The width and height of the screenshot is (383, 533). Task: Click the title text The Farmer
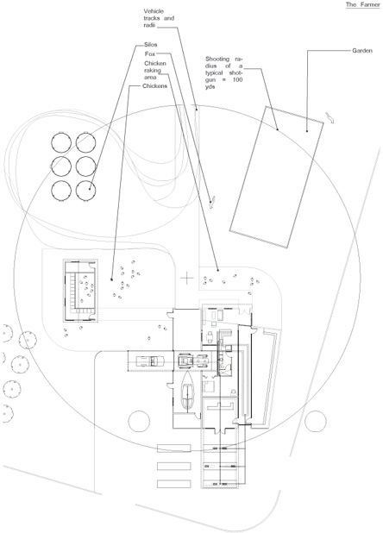(x=362, y=4)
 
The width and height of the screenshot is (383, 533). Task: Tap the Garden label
(x=362, y=51)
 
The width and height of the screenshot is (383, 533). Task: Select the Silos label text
(x=151, y=45)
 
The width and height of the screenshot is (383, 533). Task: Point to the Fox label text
(x=150, y=54)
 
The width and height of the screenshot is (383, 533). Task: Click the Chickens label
(x=155, y=86)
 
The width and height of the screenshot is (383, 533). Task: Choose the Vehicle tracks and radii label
(x=159, y=18)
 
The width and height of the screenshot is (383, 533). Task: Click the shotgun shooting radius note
(x=224, y=72)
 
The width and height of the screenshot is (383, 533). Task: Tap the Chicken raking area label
(x=155, y=71)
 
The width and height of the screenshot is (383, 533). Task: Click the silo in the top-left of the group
(x=61, y=142)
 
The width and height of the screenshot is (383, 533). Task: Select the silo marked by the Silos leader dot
(x=85, y=191)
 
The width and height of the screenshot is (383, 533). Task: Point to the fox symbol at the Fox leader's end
(x=212, y=203)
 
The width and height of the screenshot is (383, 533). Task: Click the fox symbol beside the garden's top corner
(x=330, y=117)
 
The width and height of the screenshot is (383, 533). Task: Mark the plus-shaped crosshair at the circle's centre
(x=186, y=279)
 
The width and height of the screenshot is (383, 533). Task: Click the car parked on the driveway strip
(x=148, y=361)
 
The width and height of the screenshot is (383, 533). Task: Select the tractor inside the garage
(x=192, y=361)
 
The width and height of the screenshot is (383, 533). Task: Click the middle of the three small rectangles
(x=173, y=466)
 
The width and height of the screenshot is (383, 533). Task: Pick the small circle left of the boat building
(x=139, y=421)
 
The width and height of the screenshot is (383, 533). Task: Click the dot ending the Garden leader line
(x=307, y=131)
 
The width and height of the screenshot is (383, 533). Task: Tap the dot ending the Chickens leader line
(x=111, y=279)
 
